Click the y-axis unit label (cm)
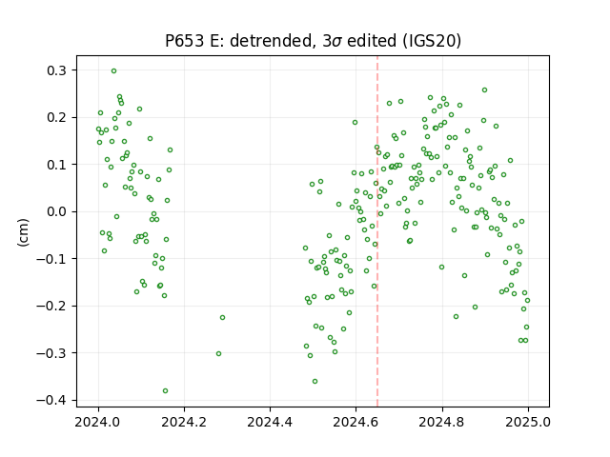point(23,232)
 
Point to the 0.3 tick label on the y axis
point(57,70)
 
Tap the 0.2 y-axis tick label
point(57,117)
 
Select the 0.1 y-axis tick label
point(57,165)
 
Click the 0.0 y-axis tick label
point(57,211)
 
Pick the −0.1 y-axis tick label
point(51,259)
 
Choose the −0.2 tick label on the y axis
point(51,307)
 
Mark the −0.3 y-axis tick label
point(51,353)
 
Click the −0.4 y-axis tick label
point(51,400)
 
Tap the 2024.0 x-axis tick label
point(98,422)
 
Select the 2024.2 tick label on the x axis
point(184,422)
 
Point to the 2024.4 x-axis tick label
point(270,422)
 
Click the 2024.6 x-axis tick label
point(356,422)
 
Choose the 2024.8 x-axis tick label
point(442,422)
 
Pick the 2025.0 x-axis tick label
point(528,422)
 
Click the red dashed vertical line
point(377,231)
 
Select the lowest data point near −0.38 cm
point(165,391)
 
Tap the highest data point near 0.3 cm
point(114,71)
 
